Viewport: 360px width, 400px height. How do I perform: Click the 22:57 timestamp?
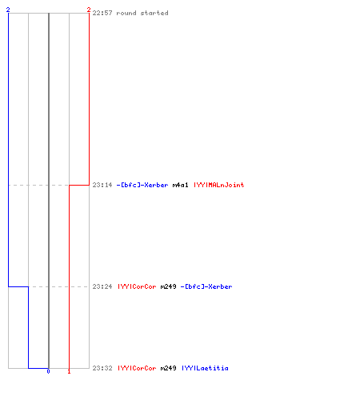pos(102,13)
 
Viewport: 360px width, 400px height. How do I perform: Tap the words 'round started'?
pos(142,13)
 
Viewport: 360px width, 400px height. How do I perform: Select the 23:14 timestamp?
pos(102,185)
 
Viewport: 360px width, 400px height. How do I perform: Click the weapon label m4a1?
pos(180,185)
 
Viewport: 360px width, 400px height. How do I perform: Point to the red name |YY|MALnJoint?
pos(219,185)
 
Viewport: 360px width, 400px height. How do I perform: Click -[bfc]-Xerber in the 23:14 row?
pos(142,185)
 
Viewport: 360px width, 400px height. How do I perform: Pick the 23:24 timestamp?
pos(102,286)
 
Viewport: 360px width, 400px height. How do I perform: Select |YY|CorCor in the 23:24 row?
pos(137,286)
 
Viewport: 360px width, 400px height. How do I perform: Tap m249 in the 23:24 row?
pos(168,286)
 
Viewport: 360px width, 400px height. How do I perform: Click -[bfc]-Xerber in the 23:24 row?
pos(206,286)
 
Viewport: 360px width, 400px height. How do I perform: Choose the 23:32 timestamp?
pos(102,368)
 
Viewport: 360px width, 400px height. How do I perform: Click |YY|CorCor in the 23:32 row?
pos(137,368)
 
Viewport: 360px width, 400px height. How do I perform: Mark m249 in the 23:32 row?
pos(168,368)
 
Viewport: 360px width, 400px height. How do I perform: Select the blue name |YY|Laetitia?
pos(205,368)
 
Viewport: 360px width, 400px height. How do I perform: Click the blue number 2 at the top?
pos(8,10)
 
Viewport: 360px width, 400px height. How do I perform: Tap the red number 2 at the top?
pos(89,10)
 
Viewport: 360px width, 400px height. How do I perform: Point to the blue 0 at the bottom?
pos(48,371)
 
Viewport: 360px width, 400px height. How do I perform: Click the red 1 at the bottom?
pos(69,371)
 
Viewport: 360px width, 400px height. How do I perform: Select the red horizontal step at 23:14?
pos(79,185)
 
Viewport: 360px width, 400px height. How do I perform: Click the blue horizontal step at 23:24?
pos(18,286)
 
